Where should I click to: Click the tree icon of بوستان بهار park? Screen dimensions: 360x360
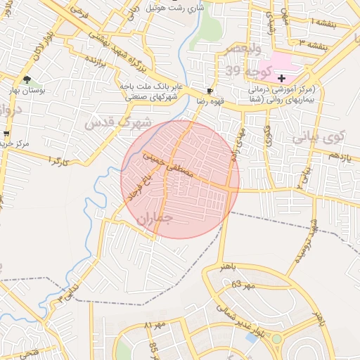[x=27, y=79]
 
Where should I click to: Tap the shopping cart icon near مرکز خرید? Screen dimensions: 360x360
[x=6, y=134]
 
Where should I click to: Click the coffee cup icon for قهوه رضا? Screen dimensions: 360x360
[x=209, y=91]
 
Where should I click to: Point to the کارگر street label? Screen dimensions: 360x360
[x=60, y=161]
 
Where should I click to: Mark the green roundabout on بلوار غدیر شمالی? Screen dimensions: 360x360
[x=277, y=339]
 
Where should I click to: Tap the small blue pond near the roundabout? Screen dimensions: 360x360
[x=251, y=338]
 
